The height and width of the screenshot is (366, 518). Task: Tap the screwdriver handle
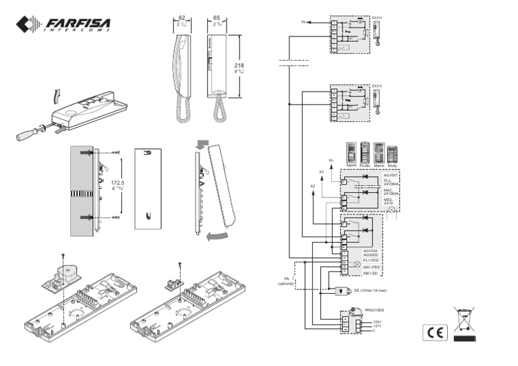click(x=28, y=134)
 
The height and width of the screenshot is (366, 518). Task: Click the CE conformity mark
click(x=433, y=332)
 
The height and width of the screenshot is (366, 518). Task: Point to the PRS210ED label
click(x=374, y=309)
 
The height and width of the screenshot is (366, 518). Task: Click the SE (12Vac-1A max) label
click(x=370, y=291)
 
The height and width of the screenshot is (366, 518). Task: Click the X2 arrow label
click(x=312, y=185)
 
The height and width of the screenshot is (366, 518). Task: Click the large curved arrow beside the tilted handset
click(x=217, y=237)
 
